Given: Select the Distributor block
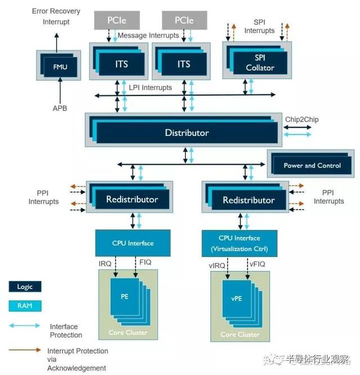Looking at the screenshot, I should point(187,133).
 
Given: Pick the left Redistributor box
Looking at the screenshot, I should point(132,199).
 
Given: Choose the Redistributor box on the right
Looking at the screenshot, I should point(249,200).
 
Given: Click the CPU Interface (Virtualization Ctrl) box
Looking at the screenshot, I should point(241,243).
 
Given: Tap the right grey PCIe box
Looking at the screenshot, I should point(184,21).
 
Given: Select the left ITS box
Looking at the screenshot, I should point(121,64).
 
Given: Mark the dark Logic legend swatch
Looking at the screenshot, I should point(25,287).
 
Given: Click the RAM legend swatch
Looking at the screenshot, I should point(25,306).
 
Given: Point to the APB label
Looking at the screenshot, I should point(58,108).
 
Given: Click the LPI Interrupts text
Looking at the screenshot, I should point(150,88).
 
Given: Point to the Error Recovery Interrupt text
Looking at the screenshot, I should point(56,16).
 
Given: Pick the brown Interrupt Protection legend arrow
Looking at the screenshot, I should point(25,350).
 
